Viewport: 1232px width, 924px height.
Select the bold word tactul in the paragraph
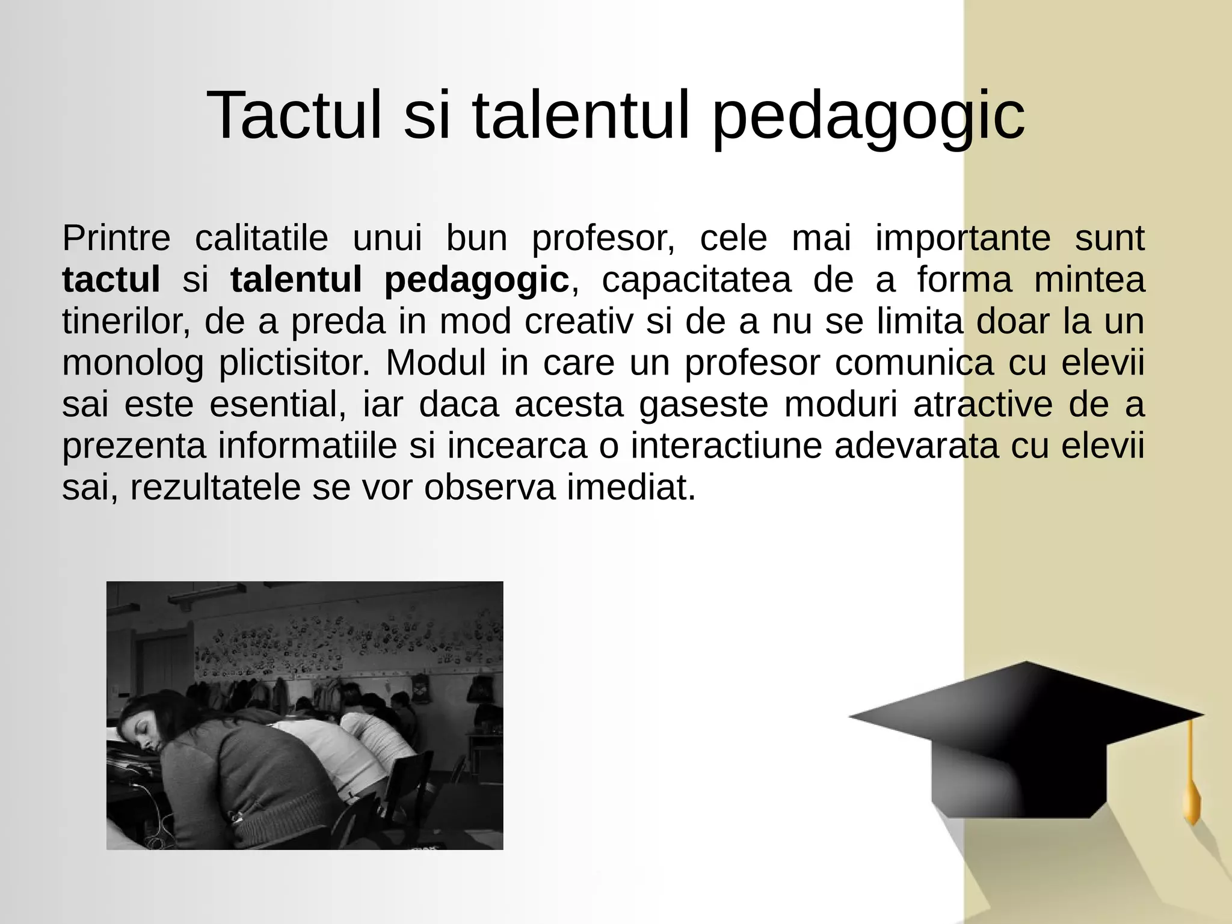(111, 280)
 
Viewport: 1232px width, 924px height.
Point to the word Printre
(116, 238)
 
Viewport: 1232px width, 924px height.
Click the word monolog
(133, 364)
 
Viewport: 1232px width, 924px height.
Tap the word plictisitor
(294, 364)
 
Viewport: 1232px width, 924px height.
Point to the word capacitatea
(697, 280)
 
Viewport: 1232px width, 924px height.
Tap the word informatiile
(307, 446)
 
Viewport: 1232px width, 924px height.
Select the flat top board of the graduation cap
(1026, 709)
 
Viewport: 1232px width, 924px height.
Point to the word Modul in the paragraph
(436, 363)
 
